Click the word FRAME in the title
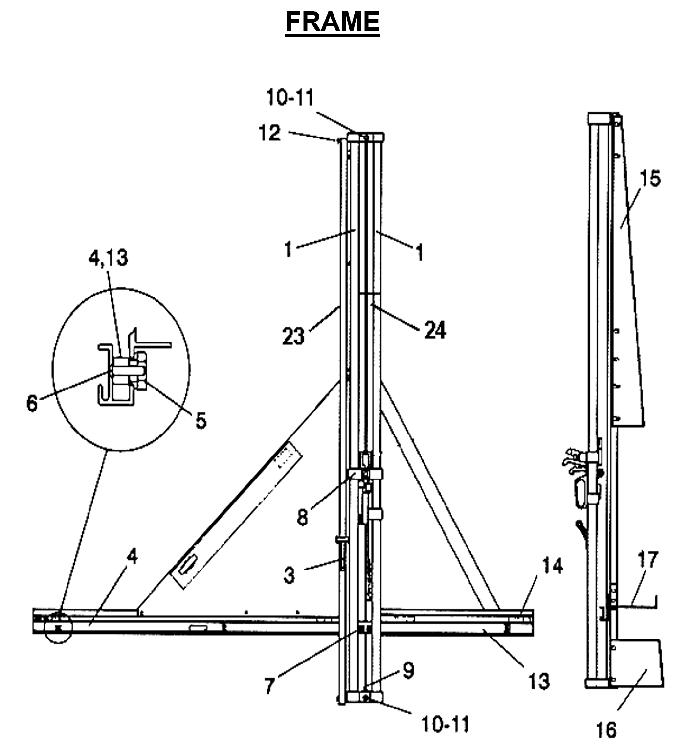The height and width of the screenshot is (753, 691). [x=333, y=22]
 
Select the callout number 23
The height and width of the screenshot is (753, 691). [x=293, y=336]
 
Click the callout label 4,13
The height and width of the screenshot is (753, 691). [x=108, y=257]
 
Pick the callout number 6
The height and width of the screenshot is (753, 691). [x=32, y=403]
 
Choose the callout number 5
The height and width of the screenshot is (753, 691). [x=201, y=420]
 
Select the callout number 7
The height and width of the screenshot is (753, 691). [x=269, y=685]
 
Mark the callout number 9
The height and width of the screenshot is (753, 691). [x=408, y=670]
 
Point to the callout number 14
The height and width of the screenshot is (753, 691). [x=552, y=566]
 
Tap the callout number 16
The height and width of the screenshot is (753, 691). [x=606, y=730]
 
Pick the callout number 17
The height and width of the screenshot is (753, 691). [x=647, y=560]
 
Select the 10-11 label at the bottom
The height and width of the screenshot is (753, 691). [x=445, y=724]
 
